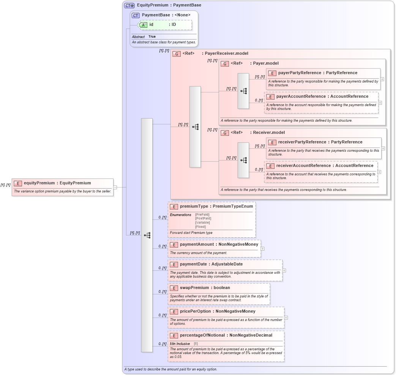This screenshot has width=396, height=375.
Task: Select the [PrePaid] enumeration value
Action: coord(202,215)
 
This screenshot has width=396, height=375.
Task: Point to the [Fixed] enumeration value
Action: coord(200,227)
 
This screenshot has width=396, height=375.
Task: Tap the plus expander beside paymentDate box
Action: coord(284,270)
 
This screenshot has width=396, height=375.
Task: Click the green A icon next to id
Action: coord(143,25)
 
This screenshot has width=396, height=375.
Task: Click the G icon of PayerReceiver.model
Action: coord(177,54)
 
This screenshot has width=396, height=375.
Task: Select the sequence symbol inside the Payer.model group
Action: coord(243,91)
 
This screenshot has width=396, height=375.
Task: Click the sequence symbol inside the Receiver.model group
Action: coord(243,160)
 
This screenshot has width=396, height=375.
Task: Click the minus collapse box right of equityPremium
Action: coord(115,187)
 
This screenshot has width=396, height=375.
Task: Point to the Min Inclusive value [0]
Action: coord(196,343)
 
